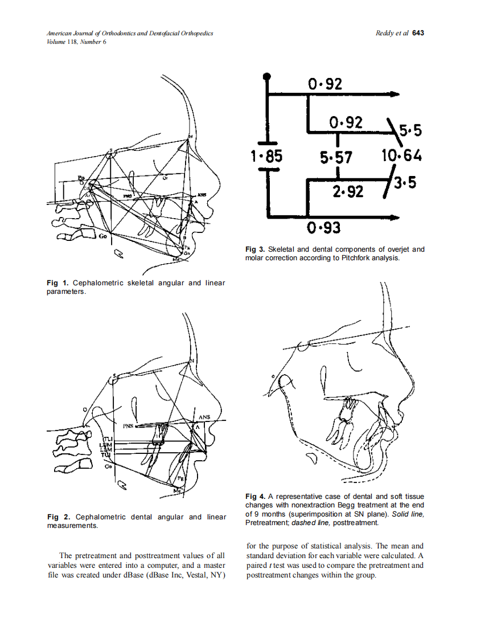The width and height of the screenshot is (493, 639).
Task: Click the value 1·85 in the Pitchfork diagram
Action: tap(266, 155)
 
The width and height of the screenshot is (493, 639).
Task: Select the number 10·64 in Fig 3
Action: tap(402, 155)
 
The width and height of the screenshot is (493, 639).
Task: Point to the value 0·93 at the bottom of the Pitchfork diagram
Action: tap(324, 228)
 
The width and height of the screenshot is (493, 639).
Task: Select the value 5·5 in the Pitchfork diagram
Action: tap(410, 132)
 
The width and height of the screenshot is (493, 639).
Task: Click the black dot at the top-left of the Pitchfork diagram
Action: tap(266, 76)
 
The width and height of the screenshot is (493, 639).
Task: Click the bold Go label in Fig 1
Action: tap(104, 236)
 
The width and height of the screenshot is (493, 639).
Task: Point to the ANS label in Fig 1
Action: tap(202, 195)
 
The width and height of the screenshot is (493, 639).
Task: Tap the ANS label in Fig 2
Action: tap(204, 417)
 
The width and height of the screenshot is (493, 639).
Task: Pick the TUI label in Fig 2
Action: tap(105, 454)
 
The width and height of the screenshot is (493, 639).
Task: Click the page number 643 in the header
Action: tap(418, 33)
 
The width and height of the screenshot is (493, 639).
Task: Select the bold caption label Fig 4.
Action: tap(254, 497)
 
